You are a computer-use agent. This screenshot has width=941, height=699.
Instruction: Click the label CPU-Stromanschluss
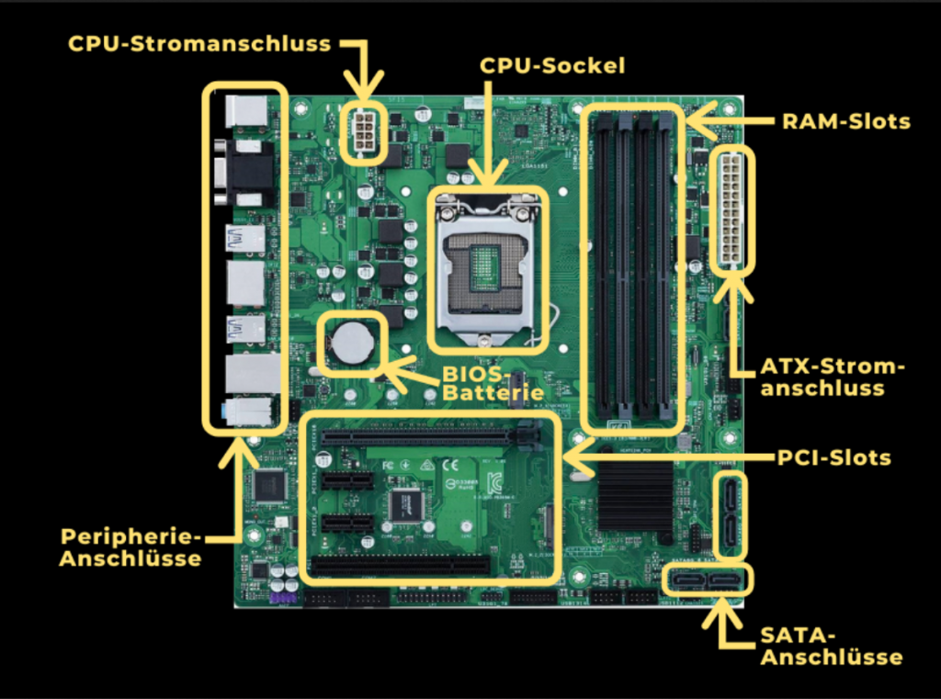199,43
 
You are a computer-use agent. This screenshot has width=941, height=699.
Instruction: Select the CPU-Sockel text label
552,65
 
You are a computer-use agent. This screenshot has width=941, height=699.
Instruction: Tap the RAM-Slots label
845,120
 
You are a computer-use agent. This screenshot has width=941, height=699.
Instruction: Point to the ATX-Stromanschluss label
832,378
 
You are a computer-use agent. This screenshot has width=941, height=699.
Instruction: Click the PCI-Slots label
834,457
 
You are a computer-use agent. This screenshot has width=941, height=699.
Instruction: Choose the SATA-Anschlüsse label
831,646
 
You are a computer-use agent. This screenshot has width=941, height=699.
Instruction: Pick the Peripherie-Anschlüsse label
130,547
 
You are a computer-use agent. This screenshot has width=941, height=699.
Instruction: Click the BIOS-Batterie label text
486,384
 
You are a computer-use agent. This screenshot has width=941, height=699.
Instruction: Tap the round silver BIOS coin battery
352,344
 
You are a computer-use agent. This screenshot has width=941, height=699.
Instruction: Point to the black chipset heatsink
635,496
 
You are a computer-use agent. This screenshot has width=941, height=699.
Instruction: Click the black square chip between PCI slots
405,504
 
